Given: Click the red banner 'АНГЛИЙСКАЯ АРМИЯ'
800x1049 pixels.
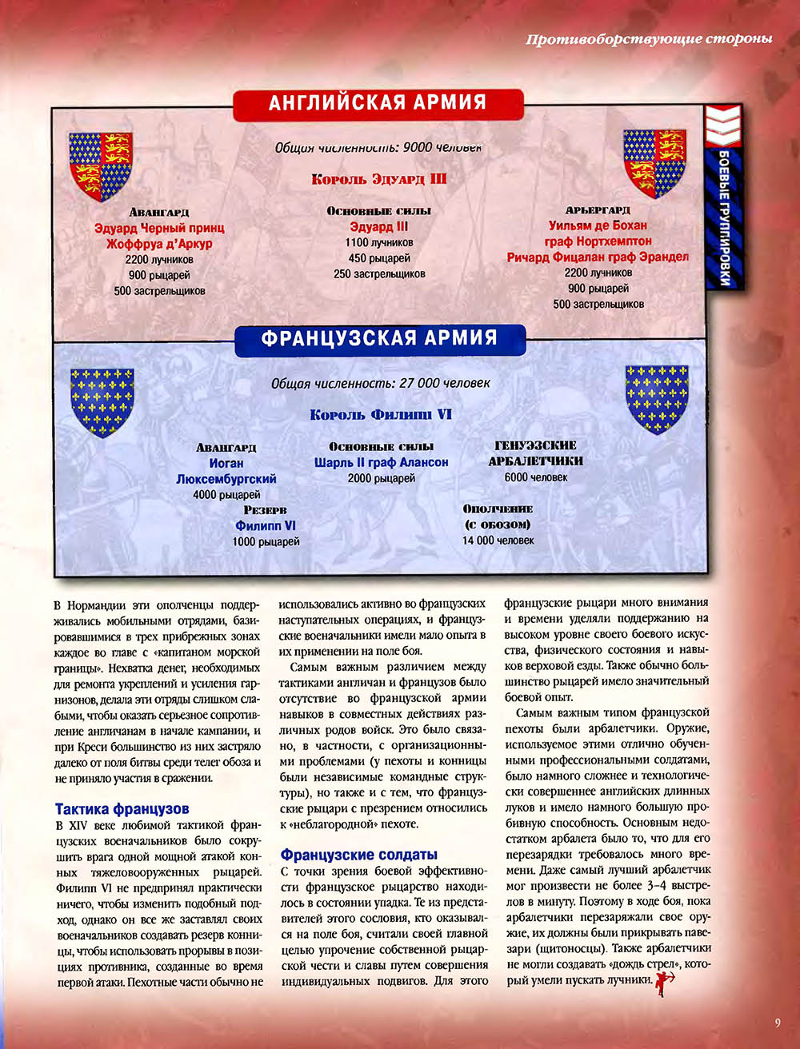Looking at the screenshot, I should pos(378,102).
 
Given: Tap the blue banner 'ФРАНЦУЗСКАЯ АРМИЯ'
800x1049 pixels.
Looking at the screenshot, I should pos(379,338).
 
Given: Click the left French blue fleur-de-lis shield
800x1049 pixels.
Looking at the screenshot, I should pos(101,401).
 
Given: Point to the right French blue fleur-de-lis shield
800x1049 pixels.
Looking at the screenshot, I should pos(656,399).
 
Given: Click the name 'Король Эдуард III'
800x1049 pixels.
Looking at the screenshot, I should pos(378,180).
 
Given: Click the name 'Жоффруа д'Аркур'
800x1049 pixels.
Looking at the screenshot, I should pos(159,244).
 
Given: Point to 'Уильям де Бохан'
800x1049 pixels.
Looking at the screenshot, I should pos(598,225).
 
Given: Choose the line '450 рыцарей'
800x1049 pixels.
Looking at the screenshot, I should pos(378,258).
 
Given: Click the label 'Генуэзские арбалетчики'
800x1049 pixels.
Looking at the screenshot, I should pos(535,453).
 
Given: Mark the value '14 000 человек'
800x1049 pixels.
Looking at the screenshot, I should pos(498,540).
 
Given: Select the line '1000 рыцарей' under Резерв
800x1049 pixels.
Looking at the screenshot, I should pos(266,541).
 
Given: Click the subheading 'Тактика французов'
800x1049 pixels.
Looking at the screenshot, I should pos(122,809).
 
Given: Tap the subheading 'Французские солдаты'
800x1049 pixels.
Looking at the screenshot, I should pos(358,854).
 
